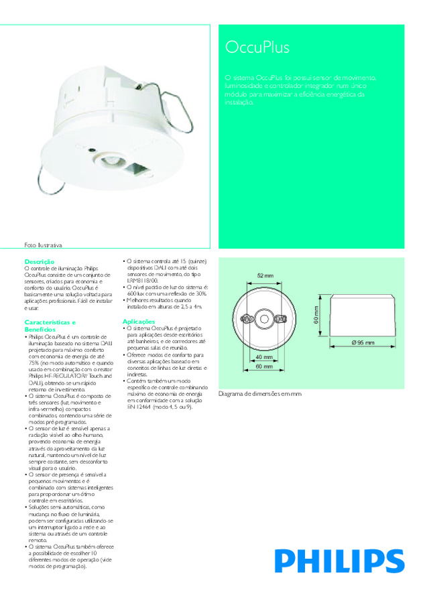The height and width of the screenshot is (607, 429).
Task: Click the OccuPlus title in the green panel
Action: (x=258, y=48)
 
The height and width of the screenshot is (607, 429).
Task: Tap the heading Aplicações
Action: (x=139, y=322)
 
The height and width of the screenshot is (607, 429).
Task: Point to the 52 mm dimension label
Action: (x=265, y=276)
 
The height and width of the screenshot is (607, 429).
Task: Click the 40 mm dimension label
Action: (x=264, y=357)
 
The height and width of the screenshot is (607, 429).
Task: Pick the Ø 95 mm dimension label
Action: (x=363, y=342)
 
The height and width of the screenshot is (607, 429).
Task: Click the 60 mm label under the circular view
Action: (x=264, y=367)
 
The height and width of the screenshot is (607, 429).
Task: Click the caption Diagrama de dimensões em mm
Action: (x=261, y=394)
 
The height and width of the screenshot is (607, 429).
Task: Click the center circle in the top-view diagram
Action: (x=264, y=319)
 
